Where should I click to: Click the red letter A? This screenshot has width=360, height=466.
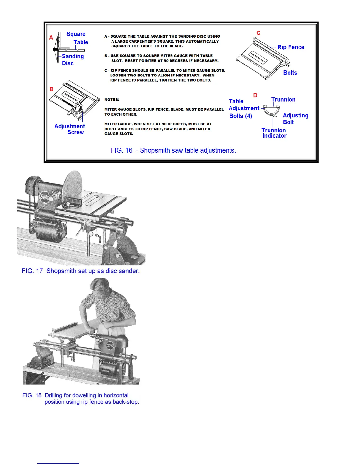51,38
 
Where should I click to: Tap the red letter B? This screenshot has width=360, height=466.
51,89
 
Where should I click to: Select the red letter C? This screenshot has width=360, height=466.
258,33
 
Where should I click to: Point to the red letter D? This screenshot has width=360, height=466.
255,95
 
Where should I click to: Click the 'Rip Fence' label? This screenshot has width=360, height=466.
291,47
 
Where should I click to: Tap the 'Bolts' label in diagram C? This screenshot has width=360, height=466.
290,73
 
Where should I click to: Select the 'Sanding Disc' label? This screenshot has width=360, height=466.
72,59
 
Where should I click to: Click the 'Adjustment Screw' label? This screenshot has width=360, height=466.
70,129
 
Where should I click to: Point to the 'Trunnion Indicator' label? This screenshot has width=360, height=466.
274,133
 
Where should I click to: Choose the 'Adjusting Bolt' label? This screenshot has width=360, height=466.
295,119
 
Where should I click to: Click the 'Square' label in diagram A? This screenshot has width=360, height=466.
76,34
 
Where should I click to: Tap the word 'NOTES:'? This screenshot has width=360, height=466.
112,100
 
